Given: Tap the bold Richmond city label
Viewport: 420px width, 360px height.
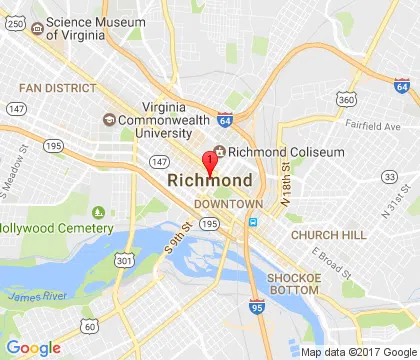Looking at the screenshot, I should pyautogui.click(x=210, y=181).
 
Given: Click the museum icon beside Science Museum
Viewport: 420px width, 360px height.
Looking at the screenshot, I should pyautogui.click(x=37, y=28).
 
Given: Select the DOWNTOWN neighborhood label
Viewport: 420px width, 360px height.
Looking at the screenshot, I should pyautogui.click(x=220, y=203).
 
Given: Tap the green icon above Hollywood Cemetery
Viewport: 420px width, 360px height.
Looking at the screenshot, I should pyautogui.click(x=98, y=212).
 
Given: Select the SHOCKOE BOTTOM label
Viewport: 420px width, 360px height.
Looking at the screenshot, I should pyautogui.click(x=292, y=283).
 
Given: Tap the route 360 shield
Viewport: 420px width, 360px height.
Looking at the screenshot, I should pyautogui.click(x=347, y=100).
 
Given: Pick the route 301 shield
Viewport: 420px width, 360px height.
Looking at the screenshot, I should pyautogui.click(x=125, y=261).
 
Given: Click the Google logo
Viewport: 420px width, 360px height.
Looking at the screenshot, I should pyautogui.click(x=33, y=348).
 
